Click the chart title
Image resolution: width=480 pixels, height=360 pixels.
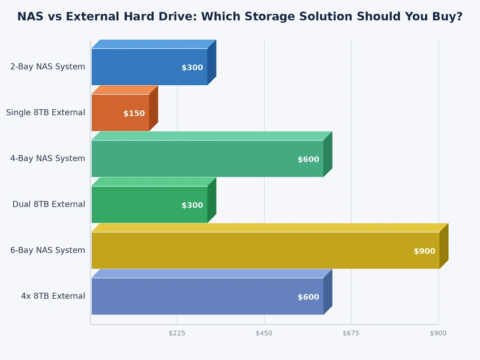pos(240,17)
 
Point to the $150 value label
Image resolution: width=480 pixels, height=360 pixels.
pos(134,113)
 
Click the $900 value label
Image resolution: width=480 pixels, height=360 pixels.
pos(424,251)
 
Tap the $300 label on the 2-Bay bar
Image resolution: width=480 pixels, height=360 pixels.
pos(192,68)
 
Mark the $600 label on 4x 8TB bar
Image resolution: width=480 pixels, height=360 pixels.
pos(308,297)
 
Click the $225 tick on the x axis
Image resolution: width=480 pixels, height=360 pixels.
pos(177,333)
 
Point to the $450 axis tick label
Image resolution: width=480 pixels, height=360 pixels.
pos(264,333)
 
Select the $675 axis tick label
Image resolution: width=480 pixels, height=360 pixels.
pos(351,333)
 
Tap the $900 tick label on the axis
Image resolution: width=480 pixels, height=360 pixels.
pos(438,333)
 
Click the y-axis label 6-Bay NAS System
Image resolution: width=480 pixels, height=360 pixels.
pos(47,250)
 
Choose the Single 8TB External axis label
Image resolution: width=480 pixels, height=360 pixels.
pos(46,112)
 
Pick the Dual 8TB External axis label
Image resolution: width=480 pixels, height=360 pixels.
pos(49,205)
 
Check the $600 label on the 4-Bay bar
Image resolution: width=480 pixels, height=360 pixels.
pos(308,160)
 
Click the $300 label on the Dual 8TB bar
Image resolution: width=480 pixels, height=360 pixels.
pos(192,205)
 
